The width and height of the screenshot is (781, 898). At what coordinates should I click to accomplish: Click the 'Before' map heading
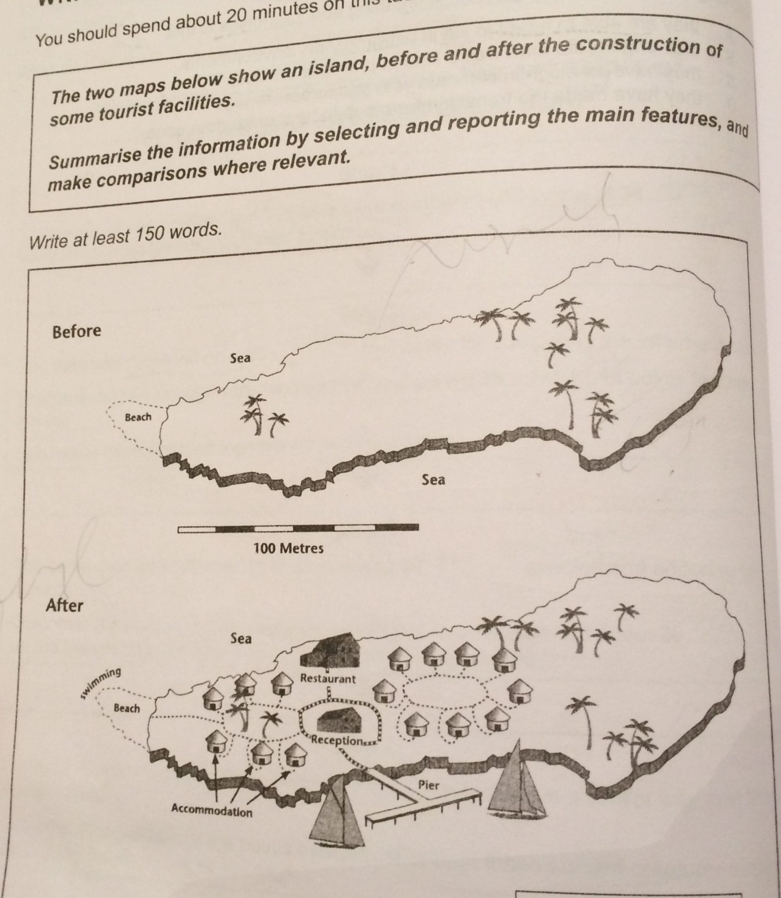[76, 331]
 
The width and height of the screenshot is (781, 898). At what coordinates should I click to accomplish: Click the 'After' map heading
[64, 606]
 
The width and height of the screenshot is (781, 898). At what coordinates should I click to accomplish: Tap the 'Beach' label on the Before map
[138, 417]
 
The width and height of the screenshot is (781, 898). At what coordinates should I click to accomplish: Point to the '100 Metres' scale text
[288, 548]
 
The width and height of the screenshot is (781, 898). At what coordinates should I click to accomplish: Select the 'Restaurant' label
[328, 679]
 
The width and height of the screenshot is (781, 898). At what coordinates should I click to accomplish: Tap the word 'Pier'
[428, 785]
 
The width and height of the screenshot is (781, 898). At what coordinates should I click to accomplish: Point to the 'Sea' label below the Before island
[433, 480]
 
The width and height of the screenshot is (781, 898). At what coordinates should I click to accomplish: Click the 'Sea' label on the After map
[241, 638]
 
